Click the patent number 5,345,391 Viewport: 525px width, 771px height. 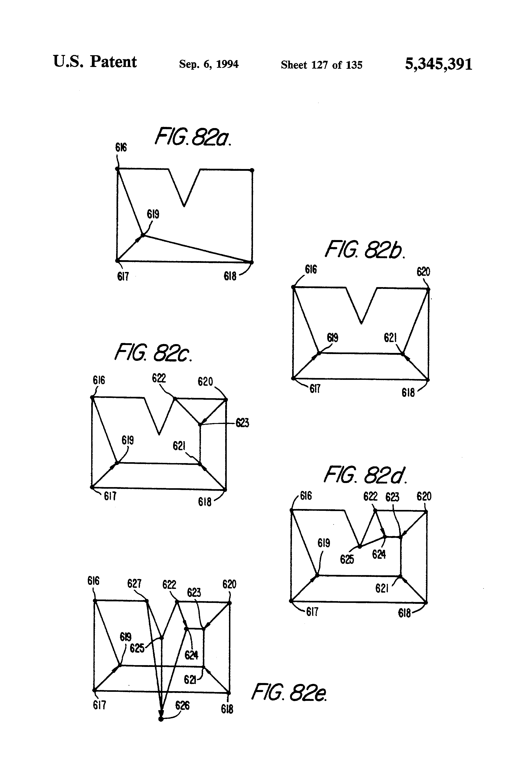tap(438, 64)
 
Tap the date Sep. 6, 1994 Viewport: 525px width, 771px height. tap(209, 64)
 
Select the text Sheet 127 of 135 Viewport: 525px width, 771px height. tap(321, 65)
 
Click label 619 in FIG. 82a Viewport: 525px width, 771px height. tap(153, 214)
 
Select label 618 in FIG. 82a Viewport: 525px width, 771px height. tap(230, 276)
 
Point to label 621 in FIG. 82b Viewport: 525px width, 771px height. tap(390, 338)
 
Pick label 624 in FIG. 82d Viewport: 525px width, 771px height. tap(379, 554)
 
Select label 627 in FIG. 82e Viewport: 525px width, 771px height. tap(134, 583)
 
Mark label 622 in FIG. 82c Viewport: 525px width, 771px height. tap(159, 378)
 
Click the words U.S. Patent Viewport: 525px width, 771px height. tap(95, 62)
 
